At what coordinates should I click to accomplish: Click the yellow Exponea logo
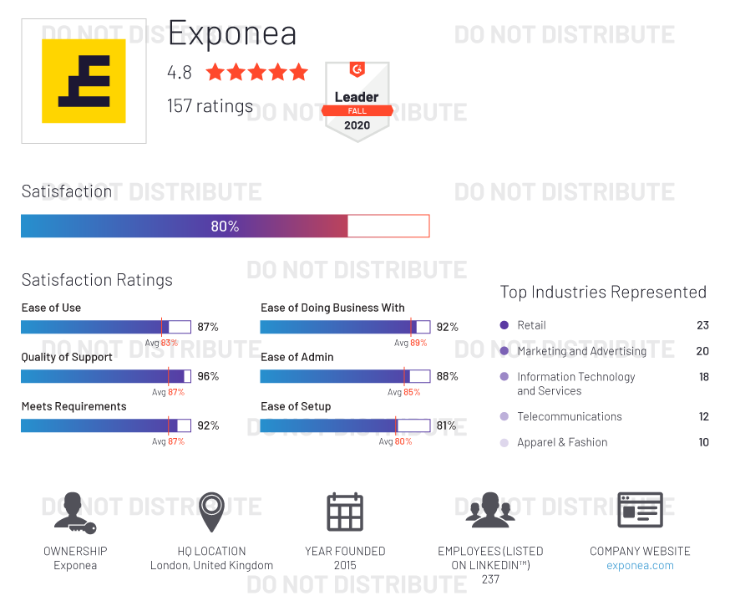click(x=84, y=81)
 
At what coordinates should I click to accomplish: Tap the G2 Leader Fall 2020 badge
click(x=357, y=100)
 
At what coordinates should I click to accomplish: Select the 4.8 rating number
click(x=180, y=73)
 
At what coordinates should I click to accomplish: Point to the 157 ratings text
click(x=210, y=106)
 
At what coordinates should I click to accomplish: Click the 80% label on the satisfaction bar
click(x=225, y=227)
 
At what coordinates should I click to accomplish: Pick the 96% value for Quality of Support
click(x=208, y=376)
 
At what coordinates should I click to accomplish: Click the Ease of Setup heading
click(x=296, y=406)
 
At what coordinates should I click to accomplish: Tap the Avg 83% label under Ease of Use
click(x=162, y=343)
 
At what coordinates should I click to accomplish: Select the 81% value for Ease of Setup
click(x=446, y=425)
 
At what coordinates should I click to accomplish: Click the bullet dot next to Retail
click(x=504, y=325)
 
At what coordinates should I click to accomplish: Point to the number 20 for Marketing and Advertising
click(x=702, y=351)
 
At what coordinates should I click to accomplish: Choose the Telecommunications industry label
click(x=569, y=416)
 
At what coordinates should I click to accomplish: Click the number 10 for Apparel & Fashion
click(x=703, y=442)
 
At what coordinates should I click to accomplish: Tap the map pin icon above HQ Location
click(x=211, y=512)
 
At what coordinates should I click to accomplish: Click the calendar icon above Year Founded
click(x=345, y=512)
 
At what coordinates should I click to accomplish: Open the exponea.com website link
click(x=640, y=565)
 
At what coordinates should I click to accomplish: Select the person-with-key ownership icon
click(x=74, y=512)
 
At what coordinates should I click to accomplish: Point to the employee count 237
click(x=490, y=579)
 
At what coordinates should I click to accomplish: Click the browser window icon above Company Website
click(x=640, y=510)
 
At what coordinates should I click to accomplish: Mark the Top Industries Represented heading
click(x=603, y=292)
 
